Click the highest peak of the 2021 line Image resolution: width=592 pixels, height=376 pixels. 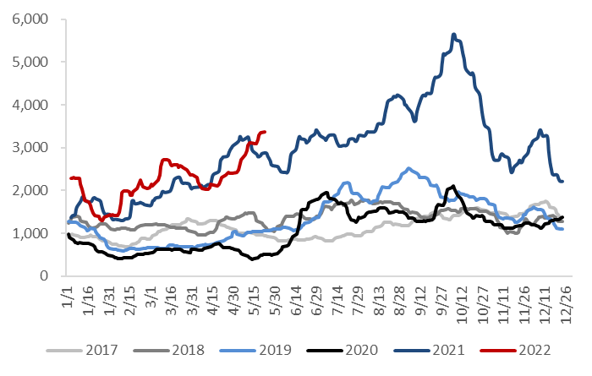click(x=454, y=35)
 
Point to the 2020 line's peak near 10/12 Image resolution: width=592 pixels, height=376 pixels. click(x=453, y=186)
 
